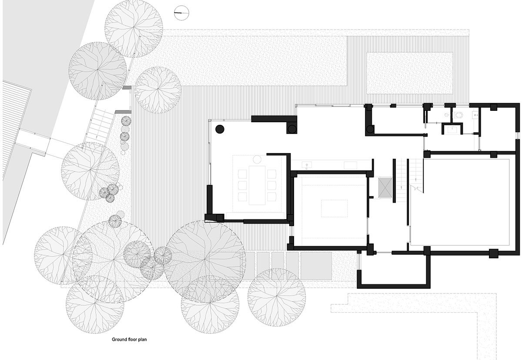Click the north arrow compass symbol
click(181, 13)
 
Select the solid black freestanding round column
click(220, 129)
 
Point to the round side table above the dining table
click(257, 159)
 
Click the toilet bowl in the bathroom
click(459, 115)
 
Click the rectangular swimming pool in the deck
click(409, 73)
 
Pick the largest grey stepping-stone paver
click(316, 266)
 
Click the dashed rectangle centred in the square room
click(334, 208)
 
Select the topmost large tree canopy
click(134, 29)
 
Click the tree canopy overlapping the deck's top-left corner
click(157, 90)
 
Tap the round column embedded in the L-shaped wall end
click(292, 128)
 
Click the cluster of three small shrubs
click(110, 192)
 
